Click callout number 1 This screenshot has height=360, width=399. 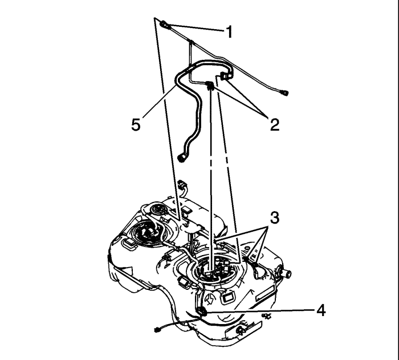(x=230, y=33)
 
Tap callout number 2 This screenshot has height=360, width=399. (x=275, y=125)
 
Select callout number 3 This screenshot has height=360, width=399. (x=275, y=218)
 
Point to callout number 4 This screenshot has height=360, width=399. (x=321, y=310)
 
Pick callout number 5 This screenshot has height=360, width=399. (x=136, y=124)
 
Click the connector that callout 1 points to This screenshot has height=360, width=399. (x=164, y=25)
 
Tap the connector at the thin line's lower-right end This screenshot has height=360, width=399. (x=284, y=93)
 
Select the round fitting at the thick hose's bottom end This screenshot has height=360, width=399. (x=182, y=157)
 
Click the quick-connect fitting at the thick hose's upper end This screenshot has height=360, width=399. (x=226, y=75)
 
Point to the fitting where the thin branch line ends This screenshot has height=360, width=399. (x=209, y=85)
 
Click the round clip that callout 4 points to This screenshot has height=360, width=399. (x=202, y=311)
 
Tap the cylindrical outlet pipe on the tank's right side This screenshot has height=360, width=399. (x=286, y=273)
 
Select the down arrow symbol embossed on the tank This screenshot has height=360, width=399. (x=210, y=298)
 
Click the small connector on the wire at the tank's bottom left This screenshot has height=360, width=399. (x=157, y=330)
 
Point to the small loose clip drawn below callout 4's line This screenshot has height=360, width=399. (x=266, y=316)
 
